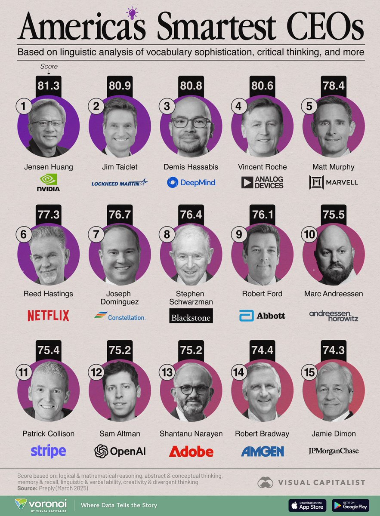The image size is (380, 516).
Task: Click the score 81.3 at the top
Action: (48, 86)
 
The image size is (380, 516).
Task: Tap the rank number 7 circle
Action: (95, 235)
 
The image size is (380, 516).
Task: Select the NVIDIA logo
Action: (48, 182)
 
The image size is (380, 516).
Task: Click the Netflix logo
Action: (48, 316)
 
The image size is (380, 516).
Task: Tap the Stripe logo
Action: (48, 451)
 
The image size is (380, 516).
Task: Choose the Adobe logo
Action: (191, 451)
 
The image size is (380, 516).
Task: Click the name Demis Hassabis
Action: (191, 167)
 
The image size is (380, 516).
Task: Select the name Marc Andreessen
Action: (333, 294)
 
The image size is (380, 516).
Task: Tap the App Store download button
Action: (307, 505)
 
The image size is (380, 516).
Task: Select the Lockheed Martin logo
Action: (119, 183)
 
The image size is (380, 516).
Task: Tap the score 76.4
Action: (191, 215)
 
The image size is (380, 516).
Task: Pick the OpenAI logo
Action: (120, 451)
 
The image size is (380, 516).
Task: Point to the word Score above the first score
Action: (48, 67)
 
